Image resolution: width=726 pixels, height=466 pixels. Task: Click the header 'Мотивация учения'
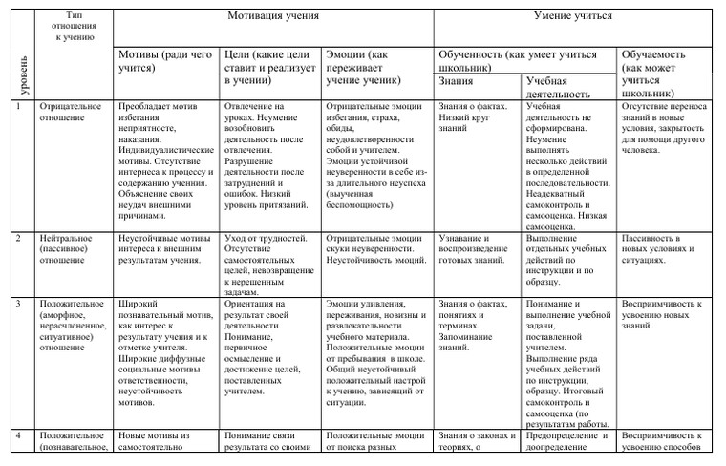[272, 16]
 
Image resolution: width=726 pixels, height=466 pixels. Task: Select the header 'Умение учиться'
[572, 16]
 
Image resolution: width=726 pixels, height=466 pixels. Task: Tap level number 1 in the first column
[18, 106]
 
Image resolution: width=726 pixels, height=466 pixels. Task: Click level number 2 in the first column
[18, 237]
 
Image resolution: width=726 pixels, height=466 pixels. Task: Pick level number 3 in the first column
[18, 304]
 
